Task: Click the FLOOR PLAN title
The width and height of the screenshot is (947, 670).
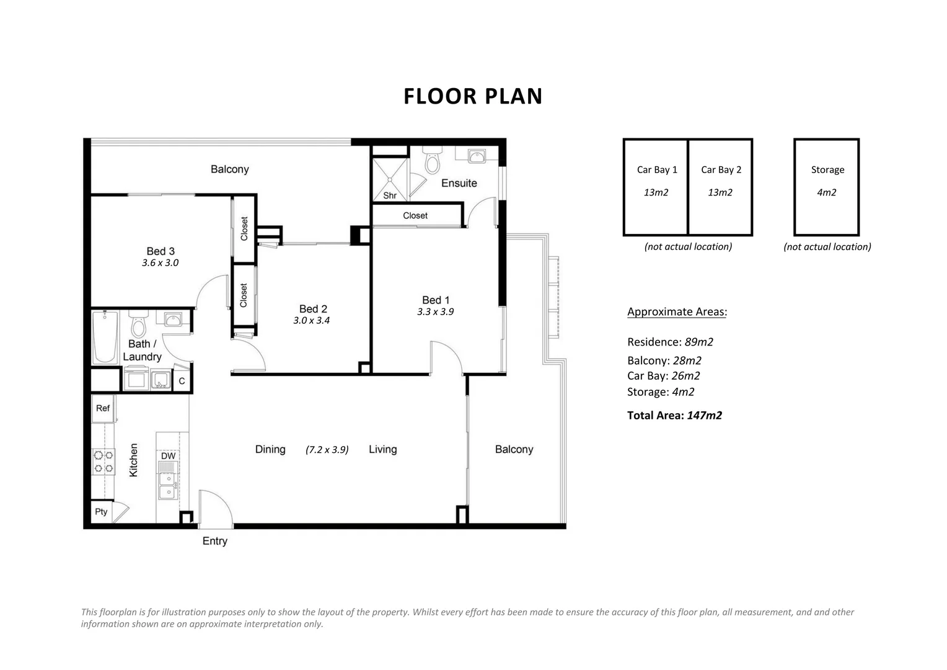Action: (473, 97)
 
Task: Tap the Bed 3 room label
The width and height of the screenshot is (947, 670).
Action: (161, 251)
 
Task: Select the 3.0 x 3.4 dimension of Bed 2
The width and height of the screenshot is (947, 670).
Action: (312, 321)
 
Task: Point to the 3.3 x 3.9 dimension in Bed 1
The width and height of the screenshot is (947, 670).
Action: (435, 312)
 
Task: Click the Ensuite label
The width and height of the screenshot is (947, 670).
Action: (459, 183)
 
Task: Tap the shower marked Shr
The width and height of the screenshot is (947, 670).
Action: (390, 180)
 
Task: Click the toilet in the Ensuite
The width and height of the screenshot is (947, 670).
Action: (432, 161)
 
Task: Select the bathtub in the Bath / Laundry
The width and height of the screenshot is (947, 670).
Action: (105, 337)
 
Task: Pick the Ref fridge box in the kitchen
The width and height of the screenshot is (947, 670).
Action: (103, 408)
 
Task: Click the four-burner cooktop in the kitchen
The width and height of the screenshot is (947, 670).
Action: (104, 461)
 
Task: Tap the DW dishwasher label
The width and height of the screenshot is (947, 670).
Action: (168, 456)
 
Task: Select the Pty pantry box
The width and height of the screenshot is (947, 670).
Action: (101, 512)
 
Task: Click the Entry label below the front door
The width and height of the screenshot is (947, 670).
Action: (214, 542)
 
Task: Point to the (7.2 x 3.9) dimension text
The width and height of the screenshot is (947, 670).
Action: (327, 450)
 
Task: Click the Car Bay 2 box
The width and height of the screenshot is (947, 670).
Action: (720, 187)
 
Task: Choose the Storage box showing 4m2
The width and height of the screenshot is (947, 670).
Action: (827, 187)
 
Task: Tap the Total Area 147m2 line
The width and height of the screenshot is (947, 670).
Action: (674, 416)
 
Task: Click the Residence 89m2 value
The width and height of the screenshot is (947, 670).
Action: (698, 342)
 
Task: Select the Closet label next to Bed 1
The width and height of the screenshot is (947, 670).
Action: (415, 216)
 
